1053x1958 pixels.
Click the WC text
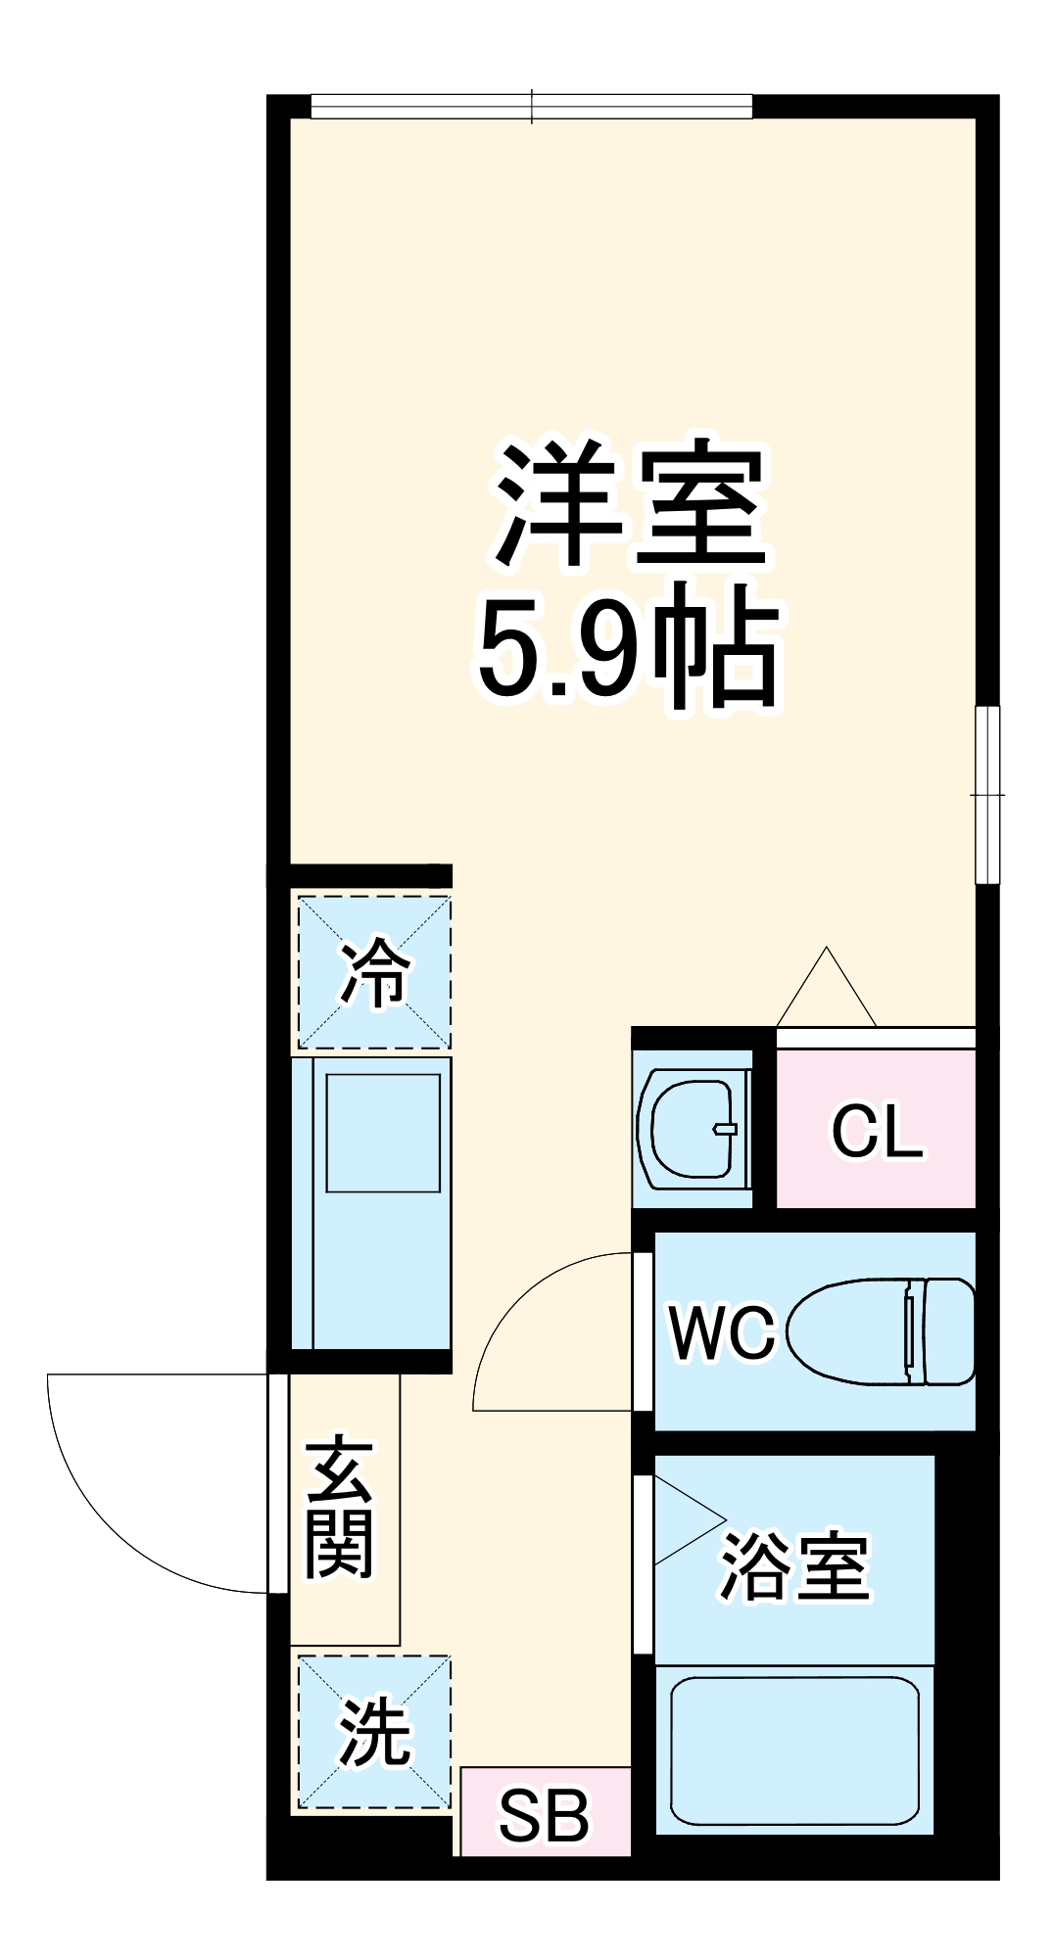721,1332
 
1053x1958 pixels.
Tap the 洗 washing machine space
374,1732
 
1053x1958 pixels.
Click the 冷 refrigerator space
374,972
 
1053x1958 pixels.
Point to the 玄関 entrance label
340,1509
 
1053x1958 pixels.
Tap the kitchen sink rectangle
382,1133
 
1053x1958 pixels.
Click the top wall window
531,106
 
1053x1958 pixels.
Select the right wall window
987,794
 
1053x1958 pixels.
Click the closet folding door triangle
826,989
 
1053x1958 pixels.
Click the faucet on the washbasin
725,1129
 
